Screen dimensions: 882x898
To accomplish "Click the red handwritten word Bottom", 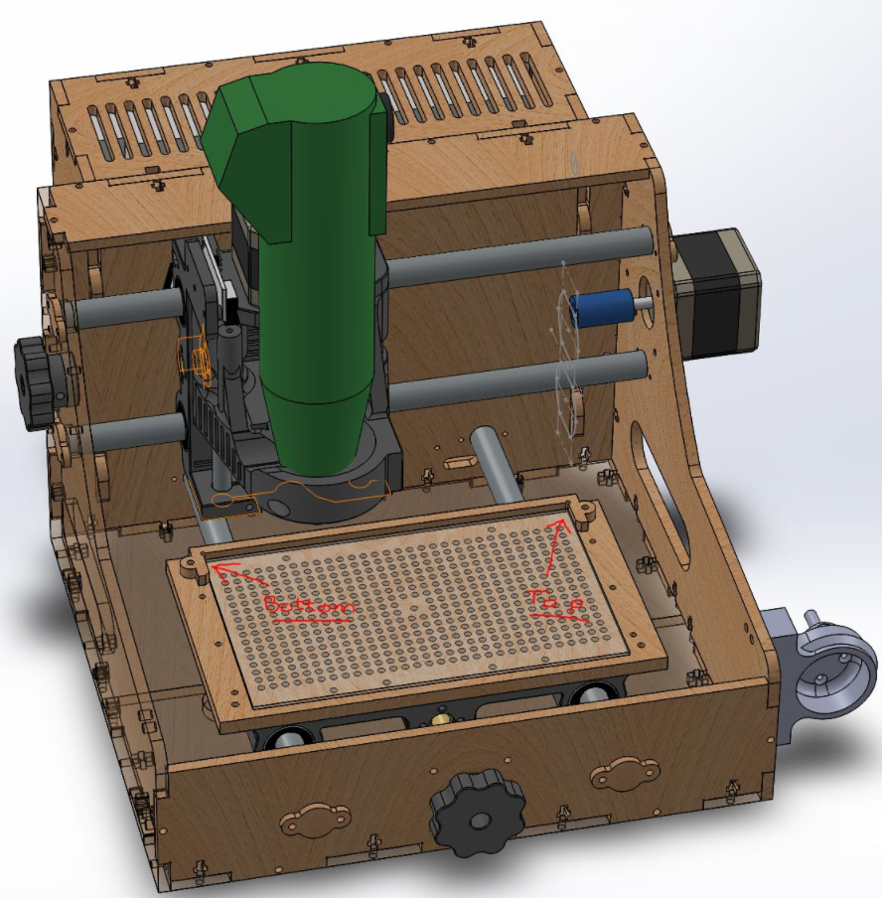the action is click(x=310, y=607).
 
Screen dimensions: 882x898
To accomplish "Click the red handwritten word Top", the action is click(x=556, y=604).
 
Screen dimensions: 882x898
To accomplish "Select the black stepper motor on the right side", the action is click(x=717, y=290).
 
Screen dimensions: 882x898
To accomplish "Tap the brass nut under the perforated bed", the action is click(x=441, y=718).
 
